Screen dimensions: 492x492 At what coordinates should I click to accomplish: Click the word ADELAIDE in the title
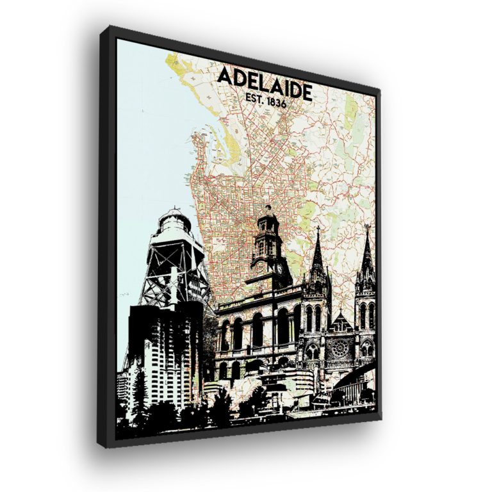(265, 82)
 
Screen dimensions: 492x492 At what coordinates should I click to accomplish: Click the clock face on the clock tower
(279, 268)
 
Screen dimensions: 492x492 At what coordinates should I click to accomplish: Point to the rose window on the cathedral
(340, 348)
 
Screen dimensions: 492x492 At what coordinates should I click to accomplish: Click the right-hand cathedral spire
(366, 256)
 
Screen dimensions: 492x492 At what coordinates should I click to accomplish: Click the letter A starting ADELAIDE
(224, 76)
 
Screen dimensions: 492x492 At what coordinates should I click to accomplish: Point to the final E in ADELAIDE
(306, 92)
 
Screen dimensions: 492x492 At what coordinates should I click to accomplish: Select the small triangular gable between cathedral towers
(341, 320)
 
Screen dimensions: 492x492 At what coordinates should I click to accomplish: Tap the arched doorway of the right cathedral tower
(367, 350)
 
